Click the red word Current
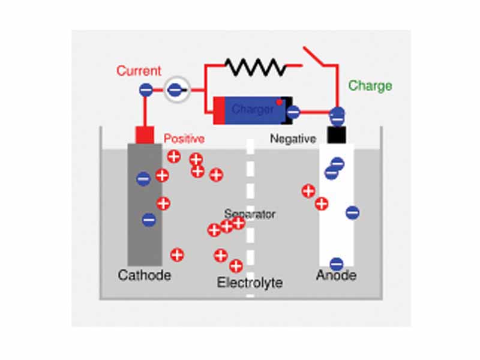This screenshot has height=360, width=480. click(x=139, y=71)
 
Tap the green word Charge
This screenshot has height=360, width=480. click(x=370, y=86)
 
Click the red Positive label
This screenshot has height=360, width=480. click(x=184, y=139)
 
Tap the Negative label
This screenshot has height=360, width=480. click(x=293, y=139)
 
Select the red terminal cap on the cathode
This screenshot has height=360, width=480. click(x=145, y=135)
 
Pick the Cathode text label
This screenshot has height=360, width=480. click(x=145, y=276)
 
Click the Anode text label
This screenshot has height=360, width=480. click(x=336, y=276)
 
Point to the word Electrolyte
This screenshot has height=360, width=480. click(x=250, y=283)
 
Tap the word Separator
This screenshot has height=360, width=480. click(x=250, y=214)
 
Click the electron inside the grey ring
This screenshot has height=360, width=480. click(x=174, y=90)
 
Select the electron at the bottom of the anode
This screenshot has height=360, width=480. click(x=337, y=263)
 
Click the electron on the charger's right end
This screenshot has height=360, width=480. click(x=293, y=111)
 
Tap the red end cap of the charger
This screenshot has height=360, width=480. click(x=219, y=110)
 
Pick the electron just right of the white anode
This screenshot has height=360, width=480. click(x=353, y=212)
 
